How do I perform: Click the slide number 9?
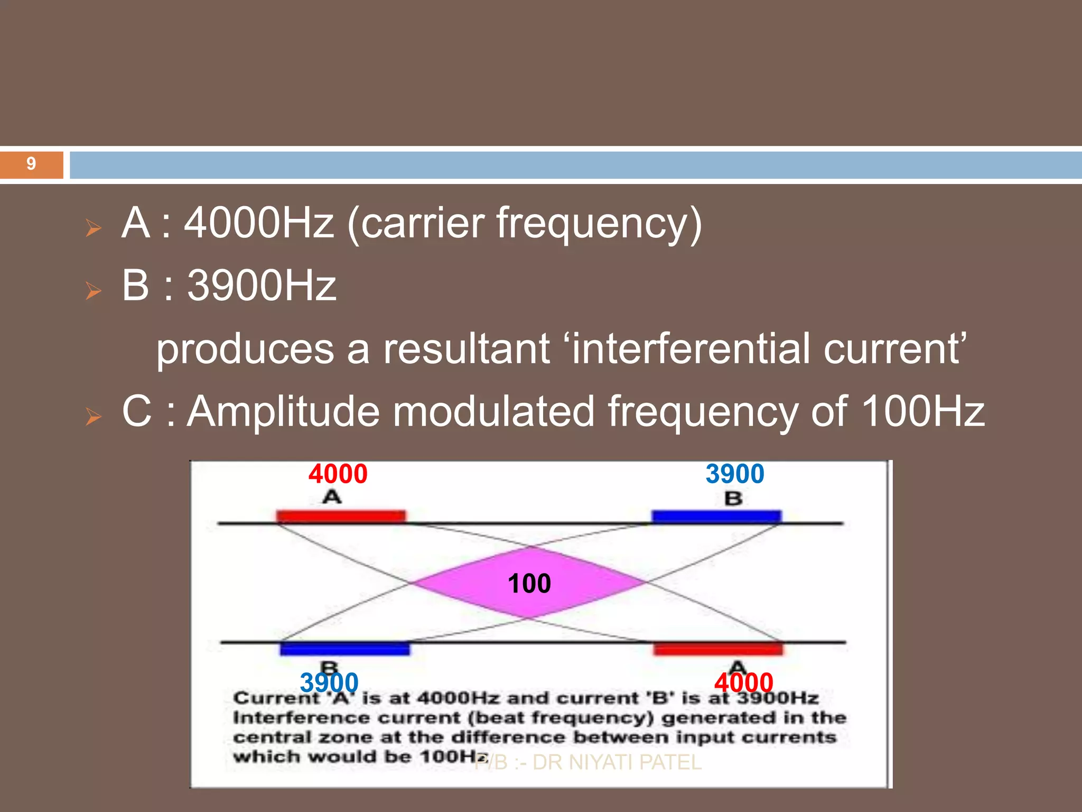(x=31, y=164)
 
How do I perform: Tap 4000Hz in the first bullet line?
(x=259, y=223)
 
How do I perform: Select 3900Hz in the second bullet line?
(x=262, y=285)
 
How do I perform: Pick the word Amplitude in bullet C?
(x=284, y=412)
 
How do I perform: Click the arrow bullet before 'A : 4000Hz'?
(x=94, y=228)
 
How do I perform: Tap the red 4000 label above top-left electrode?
(x=338, y=474)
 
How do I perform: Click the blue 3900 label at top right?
(x=735, y=474)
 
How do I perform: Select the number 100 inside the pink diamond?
(x=529, y=584)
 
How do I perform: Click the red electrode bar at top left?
(x=341, y=516)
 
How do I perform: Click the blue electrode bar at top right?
(x=716, y=516)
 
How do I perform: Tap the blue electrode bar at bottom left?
(x=344, y=649)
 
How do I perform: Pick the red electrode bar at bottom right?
(x=718, y=649)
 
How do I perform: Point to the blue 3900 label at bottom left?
(x=329, y=682)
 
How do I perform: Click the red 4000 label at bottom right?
(x=743, y=682)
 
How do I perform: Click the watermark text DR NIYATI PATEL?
(x=617, y=762)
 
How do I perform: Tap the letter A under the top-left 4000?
(x=332, y=497)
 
